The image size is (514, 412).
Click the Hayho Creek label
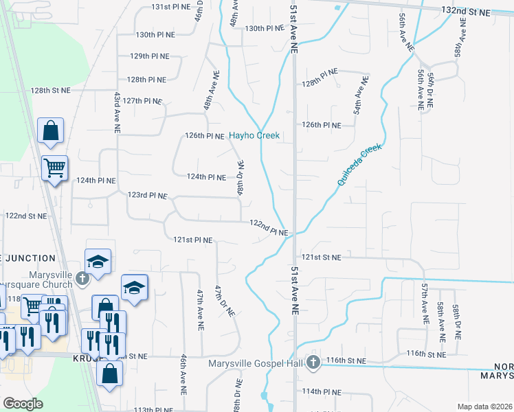254,136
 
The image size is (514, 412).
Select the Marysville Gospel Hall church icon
313,361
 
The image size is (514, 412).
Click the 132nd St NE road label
467,12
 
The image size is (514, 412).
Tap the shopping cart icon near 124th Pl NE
54,167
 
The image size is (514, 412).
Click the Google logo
23,404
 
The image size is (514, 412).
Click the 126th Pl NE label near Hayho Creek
205,136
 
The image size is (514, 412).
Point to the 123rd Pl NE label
148,196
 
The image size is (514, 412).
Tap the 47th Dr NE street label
225,300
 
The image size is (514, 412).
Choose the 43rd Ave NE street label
118,112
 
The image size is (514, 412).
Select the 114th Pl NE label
322,391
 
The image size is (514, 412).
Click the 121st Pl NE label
192,240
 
